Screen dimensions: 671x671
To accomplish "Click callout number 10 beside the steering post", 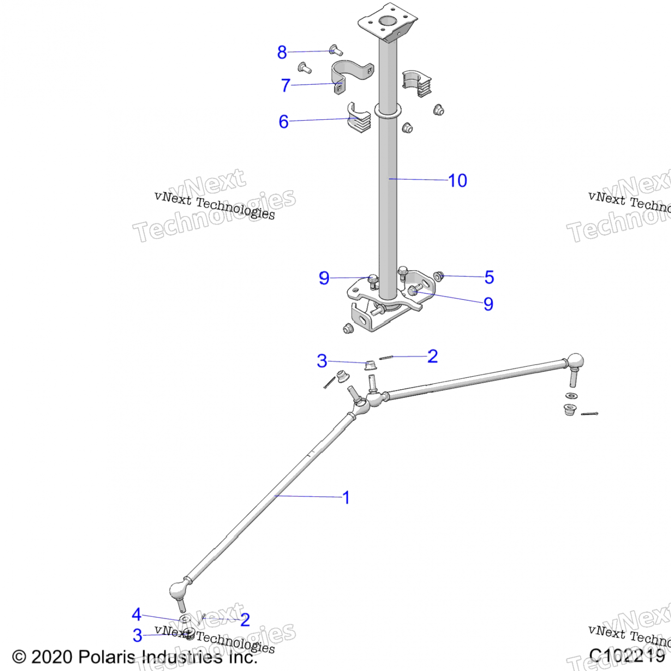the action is (x=458, y=181).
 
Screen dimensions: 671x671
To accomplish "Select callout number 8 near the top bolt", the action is (x=282, y=52).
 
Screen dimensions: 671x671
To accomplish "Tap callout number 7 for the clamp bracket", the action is (x=285, y=85).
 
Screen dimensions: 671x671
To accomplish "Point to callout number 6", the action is (x=284, y=122).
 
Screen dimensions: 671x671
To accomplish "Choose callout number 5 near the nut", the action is (x=489, y=277).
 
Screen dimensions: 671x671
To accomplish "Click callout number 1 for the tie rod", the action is (x=346, y=497).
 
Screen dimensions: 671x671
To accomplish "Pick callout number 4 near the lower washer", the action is (x=136, y=614).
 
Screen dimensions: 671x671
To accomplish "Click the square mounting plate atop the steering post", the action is (x=387, y=22).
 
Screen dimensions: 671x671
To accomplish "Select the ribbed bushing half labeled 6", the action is (x=359, y=119).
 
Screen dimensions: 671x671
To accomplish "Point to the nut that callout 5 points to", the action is (x=439, y=276).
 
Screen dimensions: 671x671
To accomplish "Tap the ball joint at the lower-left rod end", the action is (x=178, y=591).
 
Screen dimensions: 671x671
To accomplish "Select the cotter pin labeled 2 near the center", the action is (x=386, y=357).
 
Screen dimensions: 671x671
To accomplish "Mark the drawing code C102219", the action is (x=627, y=655).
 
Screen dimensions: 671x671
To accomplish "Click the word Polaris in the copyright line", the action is (x=106, y=657).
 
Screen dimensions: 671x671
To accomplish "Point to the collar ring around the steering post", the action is (x=388, y=110).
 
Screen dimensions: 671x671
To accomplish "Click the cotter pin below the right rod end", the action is (x=589, y=414).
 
